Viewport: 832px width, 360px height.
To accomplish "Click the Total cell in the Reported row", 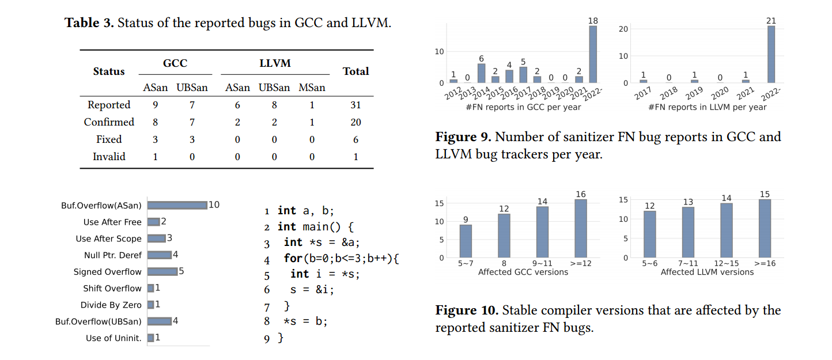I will (x=356, y=105).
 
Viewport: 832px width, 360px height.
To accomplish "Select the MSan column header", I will (x=312, y=88).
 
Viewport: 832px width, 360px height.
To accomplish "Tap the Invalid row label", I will (x=109, y=157).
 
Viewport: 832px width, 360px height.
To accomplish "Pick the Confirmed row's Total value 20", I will (x=356, y=122).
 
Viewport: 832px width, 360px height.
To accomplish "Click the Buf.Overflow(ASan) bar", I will (x=177, y=206).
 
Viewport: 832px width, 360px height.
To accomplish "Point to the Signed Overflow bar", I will (x=162, y=272).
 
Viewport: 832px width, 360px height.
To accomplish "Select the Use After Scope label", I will (x=108, y=238).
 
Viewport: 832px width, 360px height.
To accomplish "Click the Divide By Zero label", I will (x=111, y=305).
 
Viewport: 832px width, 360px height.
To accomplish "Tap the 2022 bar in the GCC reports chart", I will (x=593, y=54).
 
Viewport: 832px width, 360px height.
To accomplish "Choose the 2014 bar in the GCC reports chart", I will (x=481, y=73).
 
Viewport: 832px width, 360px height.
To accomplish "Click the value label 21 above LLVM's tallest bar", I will (x=771, y=21).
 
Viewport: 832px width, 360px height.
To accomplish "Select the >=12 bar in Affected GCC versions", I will (x=581, y=229).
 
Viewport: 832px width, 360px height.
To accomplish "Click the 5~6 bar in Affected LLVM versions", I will (x=649, y=234).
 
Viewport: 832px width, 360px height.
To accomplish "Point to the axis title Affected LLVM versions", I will (x=707, y=272).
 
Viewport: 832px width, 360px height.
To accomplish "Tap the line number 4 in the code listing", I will (x=267, y=260).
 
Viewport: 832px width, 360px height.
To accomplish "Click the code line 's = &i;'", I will (x=312, y=290).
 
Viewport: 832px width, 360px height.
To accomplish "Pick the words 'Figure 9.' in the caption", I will (x=463, y=137).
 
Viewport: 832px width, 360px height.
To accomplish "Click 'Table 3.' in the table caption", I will (x=89, y=23).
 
